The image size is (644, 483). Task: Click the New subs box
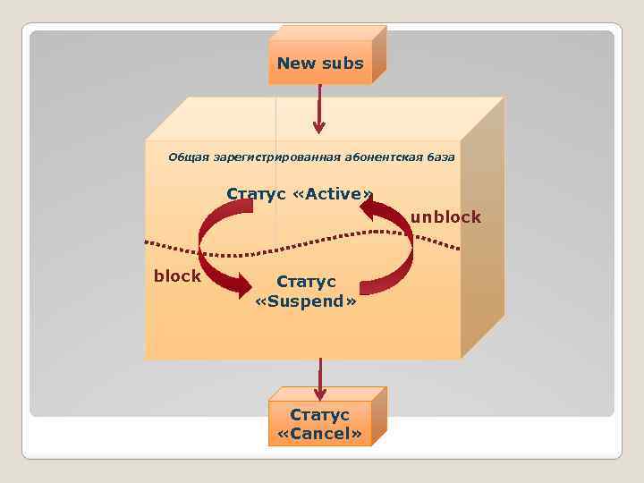pyautogui.click(x=320, y=62)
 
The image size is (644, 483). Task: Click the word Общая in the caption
pyautogui.click(x=188, y=157)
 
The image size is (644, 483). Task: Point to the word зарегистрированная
pyautogui.click(x=277, y=157)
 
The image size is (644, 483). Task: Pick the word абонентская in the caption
pyautogui.click(x=385, y=157)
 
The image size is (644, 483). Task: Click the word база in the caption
pyautogui.click(x=440, y=157)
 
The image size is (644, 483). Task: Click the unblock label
pyautogui.click(x=445, y=217)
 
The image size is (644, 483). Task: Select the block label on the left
pyautogui.click(x=177, y=276)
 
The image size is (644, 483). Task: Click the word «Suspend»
pyautogui.click(x=306, y=301)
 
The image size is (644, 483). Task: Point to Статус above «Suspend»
pyautogui.click(x=306, y=282)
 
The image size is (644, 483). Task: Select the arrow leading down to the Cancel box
pyautogui.click(x=319, y=379)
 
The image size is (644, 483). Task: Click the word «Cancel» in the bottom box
pyautogui.click(x=319, y=435)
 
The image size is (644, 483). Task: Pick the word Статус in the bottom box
pyautogui.click(x=319, y=415)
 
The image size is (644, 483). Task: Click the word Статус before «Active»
pyautogui.click(x=256, y=194)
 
